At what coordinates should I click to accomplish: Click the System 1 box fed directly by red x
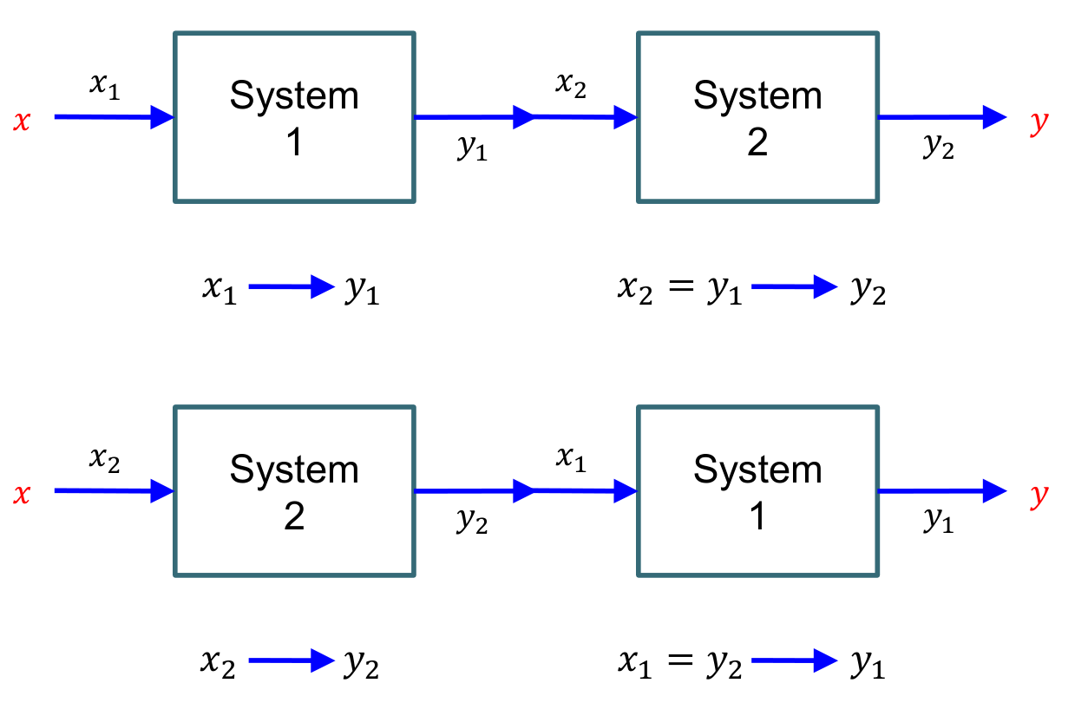(x=294, y=117)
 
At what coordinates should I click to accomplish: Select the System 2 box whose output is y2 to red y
(x=757, y=117)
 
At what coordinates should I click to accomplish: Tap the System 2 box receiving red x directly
(x=294, y=491)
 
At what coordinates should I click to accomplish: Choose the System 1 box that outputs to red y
(x=757, y=491)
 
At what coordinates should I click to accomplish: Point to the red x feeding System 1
(x=22, y=121)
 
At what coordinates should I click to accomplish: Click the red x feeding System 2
(x=22, y=496)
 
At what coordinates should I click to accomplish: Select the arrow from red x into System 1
(x=114, y=116)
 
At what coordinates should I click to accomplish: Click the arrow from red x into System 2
(x=114, y=491)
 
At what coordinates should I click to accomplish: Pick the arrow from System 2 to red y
(x=941, y=116)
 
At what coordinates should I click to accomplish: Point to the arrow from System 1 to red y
(x=941, y=491)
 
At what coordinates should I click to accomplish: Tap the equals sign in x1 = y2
(x=678, y=663)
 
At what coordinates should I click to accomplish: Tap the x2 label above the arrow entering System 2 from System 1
(x=570, y=85)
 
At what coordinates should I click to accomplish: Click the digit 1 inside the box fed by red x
(x=294, y=141)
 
